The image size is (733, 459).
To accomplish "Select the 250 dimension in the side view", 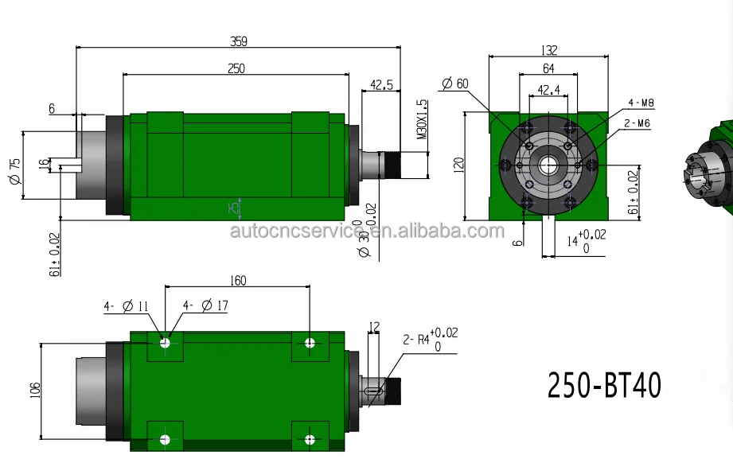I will (236, 68).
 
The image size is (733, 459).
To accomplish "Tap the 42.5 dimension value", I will (382, 84).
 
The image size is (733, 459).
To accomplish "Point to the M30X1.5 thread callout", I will (423, 120).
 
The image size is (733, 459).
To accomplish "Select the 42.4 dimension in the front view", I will (548, 90).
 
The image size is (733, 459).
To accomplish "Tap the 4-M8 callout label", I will (640, 103).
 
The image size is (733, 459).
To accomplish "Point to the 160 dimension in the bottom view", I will (237, 280).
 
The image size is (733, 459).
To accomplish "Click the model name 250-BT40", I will (604, 386).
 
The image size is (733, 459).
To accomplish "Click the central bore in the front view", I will (548, 165).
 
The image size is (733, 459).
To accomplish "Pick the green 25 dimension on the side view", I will (233, 208).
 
